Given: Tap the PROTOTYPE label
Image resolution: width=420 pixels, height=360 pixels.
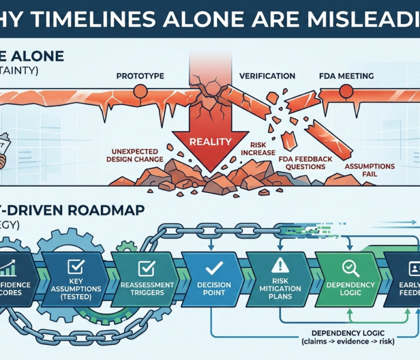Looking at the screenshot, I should tap(140, 76).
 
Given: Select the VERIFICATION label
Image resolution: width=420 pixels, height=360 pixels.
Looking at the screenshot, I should tap(267, 76).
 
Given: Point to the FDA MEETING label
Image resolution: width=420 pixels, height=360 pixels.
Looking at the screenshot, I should tap(346, 76).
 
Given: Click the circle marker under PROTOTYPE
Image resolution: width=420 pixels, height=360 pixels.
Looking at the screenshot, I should tap(140, 92).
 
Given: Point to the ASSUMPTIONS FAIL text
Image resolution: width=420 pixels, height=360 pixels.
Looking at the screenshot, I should tap(370, 170).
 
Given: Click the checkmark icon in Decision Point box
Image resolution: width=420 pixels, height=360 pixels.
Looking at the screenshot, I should tap(213, 268).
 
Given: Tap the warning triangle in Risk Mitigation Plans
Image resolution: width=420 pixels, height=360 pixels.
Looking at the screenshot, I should tap(280, 265).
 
